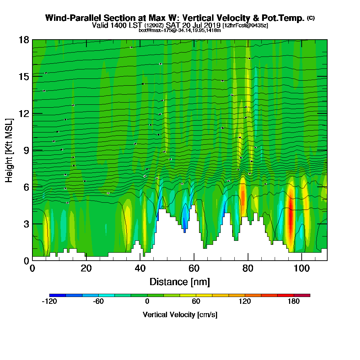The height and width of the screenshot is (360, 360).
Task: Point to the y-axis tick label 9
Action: (x=26, y=150)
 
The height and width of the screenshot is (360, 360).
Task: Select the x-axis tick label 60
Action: (x=194, y=268)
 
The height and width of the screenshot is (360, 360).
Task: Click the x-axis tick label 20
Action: (x=86, y=268)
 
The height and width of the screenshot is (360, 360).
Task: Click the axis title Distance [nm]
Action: (x=180, y=282)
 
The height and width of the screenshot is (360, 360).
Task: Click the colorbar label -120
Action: (x=49, y=302)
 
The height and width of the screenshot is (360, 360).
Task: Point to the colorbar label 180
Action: (x=294, y=302)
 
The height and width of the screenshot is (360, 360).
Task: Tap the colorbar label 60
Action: (x=196, y=302)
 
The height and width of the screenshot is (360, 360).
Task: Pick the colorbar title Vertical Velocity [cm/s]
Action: (x=180, y=315)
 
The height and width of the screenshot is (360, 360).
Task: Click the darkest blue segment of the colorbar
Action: (x=58, y=295)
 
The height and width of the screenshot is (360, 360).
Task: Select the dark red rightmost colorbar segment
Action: (x=302, y=295)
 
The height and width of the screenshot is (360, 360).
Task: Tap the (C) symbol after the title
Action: (x=311, y=18)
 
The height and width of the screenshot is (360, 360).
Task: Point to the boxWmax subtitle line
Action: (x=180, y=30)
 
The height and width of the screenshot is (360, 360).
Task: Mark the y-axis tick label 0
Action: (x=26, y=260)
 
